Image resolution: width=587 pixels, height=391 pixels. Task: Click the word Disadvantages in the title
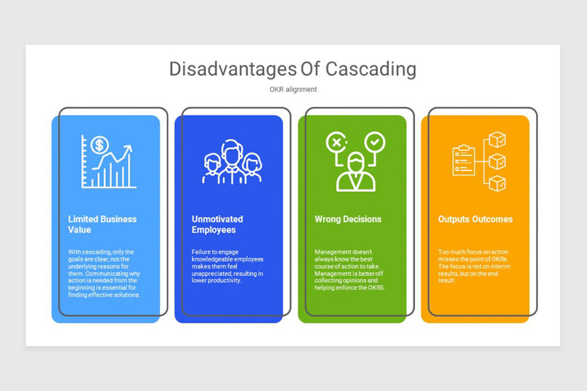233,69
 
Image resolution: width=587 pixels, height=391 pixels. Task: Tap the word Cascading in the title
371,69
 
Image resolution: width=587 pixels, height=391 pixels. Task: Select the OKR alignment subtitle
293,89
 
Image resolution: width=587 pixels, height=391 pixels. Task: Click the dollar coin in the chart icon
100,145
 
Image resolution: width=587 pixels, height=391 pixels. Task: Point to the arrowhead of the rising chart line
129,149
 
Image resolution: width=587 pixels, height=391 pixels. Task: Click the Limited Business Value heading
102,224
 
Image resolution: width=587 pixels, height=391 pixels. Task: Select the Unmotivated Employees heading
217,224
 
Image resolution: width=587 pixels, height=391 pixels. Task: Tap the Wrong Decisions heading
348,219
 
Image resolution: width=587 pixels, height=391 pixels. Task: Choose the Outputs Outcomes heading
475,219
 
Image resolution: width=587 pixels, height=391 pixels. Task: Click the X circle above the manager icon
337,142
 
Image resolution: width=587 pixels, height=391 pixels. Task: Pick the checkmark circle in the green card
375,142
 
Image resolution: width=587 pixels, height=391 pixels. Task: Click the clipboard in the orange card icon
464,160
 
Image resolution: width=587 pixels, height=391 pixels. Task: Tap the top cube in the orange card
497,139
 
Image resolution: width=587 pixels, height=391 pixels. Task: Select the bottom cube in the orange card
497,183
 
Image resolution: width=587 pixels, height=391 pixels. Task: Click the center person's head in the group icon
232,153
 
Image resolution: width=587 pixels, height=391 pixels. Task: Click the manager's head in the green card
356,162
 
